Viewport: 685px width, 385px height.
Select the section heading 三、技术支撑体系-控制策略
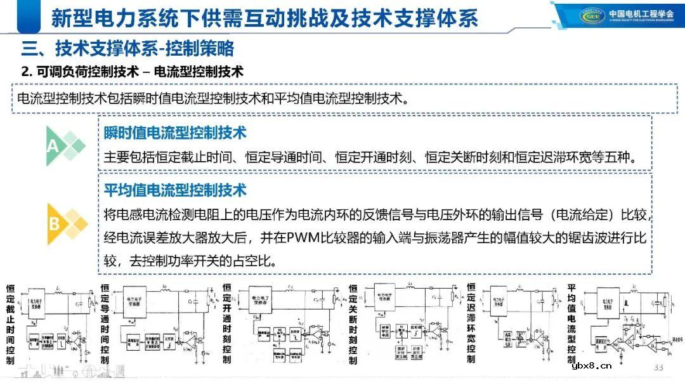tap(127, 48)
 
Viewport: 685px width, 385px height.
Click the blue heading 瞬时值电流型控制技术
tap(175, 133)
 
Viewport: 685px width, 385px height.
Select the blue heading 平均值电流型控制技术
tap(175, 190)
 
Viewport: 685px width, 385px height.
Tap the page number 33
tap(658, 368)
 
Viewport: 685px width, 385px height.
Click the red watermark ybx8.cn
tap(591, 365)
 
